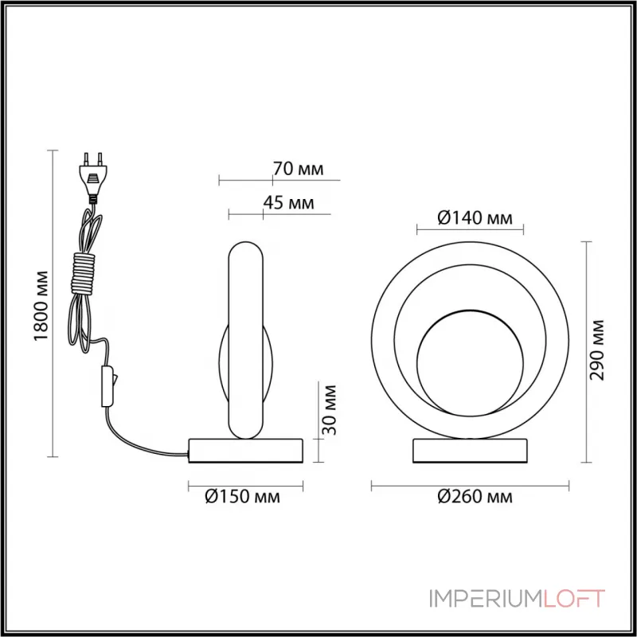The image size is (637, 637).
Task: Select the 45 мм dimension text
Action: click(287, 202)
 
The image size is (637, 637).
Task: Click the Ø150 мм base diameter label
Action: click(242, 498)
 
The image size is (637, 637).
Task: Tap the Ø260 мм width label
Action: click(475, 498)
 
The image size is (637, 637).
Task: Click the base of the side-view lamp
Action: click(246, 450)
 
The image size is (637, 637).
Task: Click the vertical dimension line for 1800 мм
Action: click(53, 303)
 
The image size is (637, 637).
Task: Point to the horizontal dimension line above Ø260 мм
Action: click(471, 483)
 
